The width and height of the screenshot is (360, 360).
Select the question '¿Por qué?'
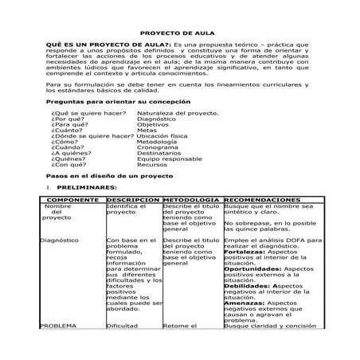66,119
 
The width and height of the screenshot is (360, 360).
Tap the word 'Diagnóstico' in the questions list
156,119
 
